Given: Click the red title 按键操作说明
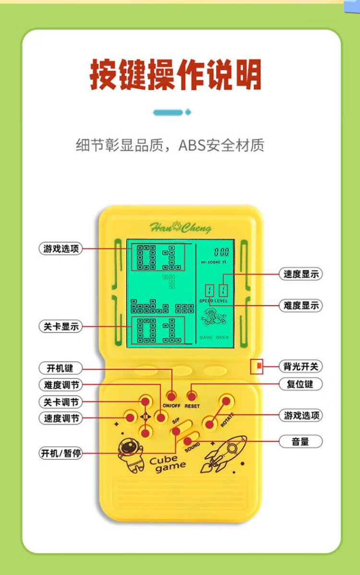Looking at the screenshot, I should pos(176,75).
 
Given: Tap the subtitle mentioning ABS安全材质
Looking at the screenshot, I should pos(170,145).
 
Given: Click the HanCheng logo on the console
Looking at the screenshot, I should pos(180,228).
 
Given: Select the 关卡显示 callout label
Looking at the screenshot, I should pos(60,326).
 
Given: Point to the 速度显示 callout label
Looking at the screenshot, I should pos(300,274).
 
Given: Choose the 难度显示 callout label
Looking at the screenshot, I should pos(300,305).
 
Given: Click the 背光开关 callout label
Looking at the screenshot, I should pos(300,367).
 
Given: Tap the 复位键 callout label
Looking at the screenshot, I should pos(300,384).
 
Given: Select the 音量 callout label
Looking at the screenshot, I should pos(300,442).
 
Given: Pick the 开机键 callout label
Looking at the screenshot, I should pos(60,368).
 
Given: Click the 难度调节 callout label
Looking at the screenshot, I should pos(60,385).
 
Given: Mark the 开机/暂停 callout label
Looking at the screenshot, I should pos(60,453).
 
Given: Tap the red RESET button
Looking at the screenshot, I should pos(192,396).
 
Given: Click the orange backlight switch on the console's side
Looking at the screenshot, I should pos(258,367).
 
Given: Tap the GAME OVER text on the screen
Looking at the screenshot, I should pos(214,337).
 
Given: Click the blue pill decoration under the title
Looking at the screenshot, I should pos(168,113).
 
